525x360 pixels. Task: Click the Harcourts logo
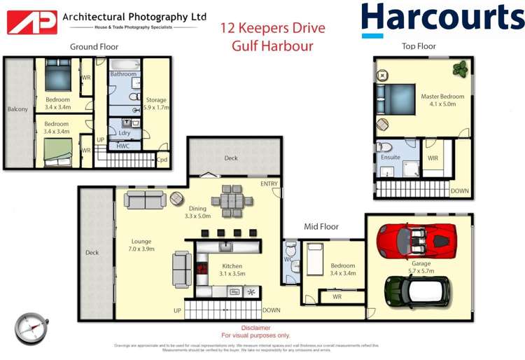click(x=442, y=20)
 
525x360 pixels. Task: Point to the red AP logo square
click(x=32, y=22)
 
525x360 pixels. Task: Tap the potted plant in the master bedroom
click(x=460, y=69)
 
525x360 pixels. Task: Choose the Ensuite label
click(x=391, y=158)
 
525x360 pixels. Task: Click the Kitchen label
click(x=232, y=266)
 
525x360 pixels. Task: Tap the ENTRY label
click(x=269, y=184)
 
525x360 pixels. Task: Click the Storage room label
click(x=156, y=100)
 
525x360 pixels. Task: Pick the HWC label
click(x=122, y=146)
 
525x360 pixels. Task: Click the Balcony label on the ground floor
click(x=17, y=109)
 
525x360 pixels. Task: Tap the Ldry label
click(x=125, y=132)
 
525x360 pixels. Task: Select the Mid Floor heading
click(x=321, y=227)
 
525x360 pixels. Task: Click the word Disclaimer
click(x=255, y=328)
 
